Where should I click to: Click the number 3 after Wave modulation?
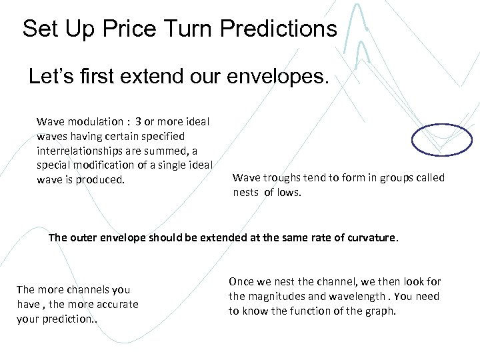138,122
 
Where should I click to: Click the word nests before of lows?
246,193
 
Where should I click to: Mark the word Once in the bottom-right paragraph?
241,282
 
